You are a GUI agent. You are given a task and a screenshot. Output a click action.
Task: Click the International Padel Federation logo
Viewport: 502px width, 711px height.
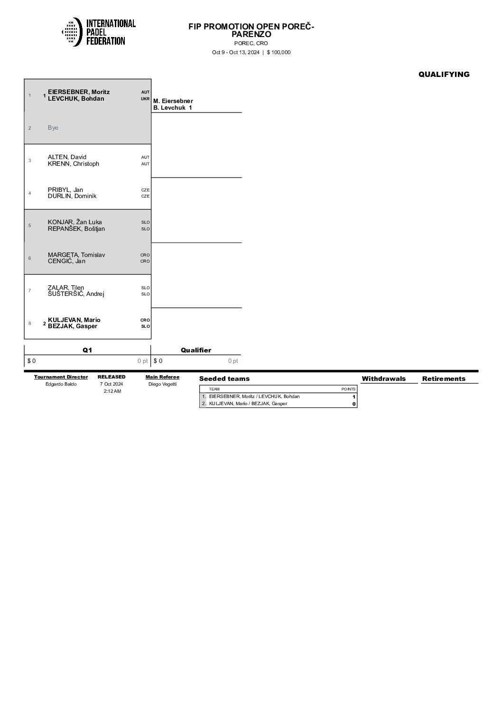(x=99, y=32)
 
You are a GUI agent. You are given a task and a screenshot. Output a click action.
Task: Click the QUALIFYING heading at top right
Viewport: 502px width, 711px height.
(x=444, y=74)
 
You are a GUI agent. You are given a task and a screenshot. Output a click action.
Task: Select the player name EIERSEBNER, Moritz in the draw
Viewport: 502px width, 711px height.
(x=79, y=92)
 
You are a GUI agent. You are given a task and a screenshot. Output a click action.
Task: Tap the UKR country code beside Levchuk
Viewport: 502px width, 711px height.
(x=145, y=99)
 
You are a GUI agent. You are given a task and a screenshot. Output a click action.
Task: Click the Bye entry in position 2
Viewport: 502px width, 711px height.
(x=53, y=128)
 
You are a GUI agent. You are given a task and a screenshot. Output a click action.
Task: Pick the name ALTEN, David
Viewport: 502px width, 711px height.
(x=67, y=157)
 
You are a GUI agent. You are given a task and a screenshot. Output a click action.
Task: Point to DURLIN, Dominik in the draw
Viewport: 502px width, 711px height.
(x=72, y=196)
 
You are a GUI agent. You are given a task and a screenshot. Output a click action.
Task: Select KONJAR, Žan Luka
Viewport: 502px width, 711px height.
(x=74, y=222)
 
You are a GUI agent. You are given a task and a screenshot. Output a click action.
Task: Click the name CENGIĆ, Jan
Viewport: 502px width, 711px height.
(x=66, y=261)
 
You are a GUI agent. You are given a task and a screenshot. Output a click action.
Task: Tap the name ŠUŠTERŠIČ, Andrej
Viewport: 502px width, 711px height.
(x=76, y=294)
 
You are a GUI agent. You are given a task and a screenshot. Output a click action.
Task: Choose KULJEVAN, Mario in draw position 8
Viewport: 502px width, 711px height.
(x=74, y=320)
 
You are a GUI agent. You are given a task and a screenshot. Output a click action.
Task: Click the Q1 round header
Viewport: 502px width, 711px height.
(x=87, y=350)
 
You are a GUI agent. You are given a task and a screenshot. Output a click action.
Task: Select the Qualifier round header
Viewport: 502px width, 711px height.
(x=196, y=350)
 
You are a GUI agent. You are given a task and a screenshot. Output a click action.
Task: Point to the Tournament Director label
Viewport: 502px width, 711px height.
(x=61, y=377)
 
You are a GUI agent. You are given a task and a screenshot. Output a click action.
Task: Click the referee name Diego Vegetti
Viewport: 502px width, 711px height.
(x=162, y=384)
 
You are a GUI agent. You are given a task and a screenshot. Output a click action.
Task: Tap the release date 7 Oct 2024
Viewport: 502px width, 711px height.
(x=112, y=384)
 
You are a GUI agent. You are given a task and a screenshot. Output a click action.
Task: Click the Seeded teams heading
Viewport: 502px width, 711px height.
(x=224, y=379)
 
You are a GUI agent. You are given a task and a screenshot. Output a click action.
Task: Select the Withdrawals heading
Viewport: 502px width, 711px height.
(x=383, y=379)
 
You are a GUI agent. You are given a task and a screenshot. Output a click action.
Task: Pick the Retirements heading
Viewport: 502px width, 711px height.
(x=444, y=379)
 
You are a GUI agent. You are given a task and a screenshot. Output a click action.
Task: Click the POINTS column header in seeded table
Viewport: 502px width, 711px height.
(x=348, y=389)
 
